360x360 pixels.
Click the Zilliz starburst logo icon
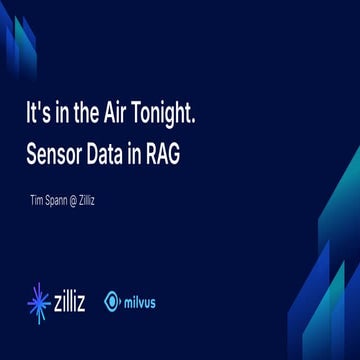[40, 301]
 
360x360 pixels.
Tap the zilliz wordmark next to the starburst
[75, 301]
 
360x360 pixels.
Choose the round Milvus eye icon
[113, 301]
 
